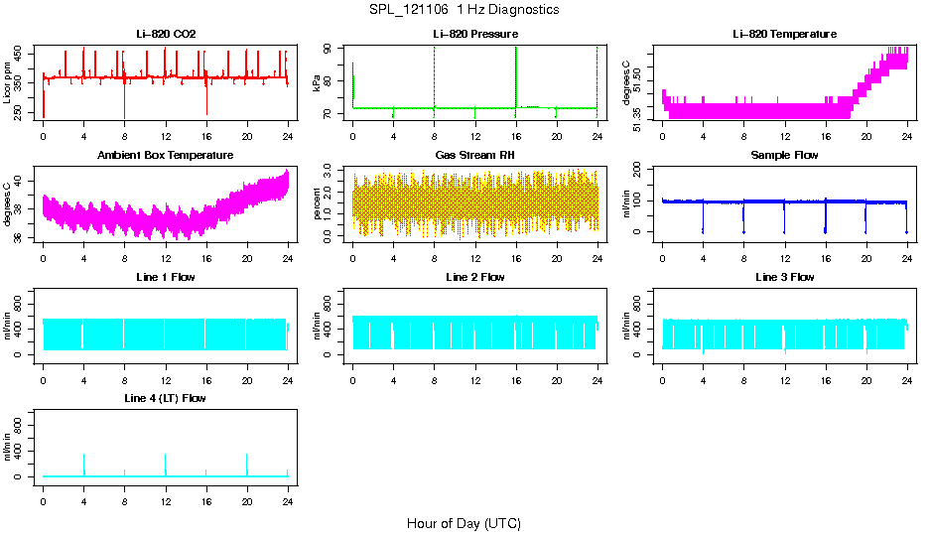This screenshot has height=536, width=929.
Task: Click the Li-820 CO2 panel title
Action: tap(166, 35)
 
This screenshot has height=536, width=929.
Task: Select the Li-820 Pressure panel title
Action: tap(475, 35)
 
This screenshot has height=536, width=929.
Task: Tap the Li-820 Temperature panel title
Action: tap(784, 35)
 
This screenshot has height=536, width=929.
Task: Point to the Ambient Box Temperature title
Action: tap(166, 156)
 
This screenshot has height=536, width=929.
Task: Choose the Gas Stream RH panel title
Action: tap(475, 156)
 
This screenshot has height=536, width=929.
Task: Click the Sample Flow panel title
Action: tap(784, 156)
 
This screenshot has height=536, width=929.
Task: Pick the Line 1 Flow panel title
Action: tap(166, 277)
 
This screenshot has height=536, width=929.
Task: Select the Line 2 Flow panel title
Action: tap(475, 277)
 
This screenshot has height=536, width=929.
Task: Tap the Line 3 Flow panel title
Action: tap(784, 277)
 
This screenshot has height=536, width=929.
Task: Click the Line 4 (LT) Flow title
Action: tap(166, 398)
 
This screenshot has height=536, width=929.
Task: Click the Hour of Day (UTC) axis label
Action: tap(464, 523)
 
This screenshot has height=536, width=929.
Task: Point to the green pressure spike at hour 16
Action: tap(516, 74)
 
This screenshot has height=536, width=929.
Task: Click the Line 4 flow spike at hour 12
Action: tap(166, 465)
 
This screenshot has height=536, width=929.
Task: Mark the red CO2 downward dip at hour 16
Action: tap(206, 99)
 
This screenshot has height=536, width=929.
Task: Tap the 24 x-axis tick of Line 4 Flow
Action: tap(288, 502)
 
